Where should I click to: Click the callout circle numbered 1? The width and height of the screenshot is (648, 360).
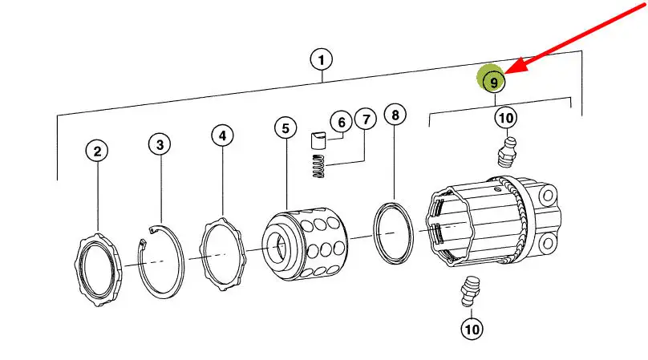(x=321, y=59)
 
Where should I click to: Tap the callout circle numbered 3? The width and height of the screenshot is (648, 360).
(x=160, y=144)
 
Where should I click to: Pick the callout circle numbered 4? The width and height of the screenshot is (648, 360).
(x=221, y=136)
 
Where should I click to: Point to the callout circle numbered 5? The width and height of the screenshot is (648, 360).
(x=284, y=127)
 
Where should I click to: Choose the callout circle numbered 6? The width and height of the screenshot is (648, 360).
(x=341, y=122)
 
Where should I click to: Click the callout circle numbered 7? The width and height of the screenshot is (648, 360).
(x=365, y=120)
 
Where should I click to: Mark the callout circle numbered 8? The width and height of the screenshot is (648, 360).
(x=395, y=115)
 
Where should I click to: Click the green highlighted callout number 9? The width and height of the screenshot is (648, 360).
(x=493, y=81)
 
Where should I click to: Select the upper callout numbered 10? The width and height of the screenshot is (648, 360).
(x=504, y=118)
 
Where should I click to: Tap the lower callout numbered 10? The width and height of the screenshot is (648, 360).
(x=472, y=328)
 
